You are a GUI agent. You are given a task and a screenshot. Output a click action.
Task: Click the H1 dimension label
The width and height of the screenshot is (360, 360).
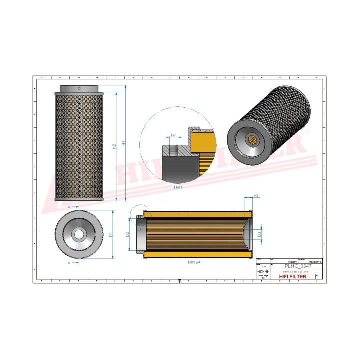click(x=123, y=143)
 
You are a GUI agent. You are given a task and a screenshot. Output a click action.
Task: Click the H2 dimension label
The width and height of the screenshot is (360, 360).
click(x=114, y=146)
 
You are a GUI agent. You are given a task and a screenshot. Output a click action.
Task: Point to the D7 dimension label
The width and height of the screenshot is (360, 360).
click(x=173, y=135)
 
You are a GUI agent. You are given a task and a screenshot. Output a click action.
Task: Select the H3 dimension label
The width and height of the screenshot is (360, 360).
click(x=256, y=195)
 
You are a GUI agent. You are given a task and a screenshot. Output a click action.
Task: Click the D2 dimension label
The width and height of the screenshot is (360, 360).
click(x=128, y=234)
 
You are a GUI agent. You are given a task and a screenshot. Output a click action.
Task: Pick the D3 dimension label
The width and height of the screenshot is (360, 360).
click(x=259, y=234)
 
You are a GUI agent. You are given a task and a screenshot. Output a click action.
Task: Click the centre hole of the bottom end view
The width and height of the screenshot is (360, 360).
click(x=79, y=234)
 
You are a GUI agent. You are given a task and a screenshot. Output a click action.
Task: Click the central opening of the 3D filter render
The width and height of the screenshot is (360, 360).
click(x=253, y=140)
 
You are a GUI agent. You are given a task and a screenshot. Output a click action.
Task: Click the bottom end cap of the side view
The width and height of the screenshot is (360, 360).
click(x=79, y=199)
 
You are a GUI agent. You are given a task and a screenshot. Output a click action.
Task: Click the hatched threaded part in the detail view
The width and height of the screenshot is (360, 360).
click(x=173, y=149)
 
